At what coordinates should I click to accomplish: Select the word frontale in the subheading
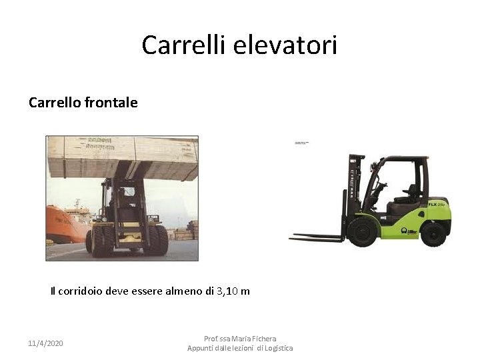(112, 103)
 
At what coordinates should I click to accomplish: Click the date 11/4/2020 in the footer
(45, 343)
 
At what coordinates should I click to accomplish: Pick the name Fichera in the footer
(263, 339)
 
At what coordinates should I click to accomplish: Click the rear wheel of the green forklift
(433, 233)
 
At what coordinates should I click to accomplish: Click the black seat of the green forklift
(407, 193)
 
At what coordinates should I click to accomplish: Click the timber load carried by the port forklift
(122, 157)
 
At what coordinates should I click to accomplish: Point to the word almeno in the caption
(187, 291)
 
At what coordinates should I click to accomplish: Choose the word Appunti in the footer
(201, 348)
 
